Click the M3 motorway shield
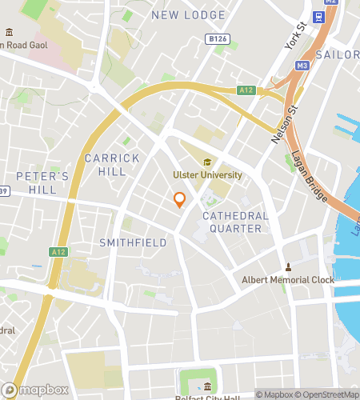click(302, 66)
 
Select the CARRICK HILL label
click(118, 165)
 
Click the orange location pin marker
click(180, 200)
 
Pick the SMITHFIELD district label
click(133, 242)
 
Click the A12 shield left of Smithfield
click(58, 252)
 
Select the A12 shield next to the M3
click(246, 90)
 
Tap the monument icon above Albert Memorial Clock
click(290, 266)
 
